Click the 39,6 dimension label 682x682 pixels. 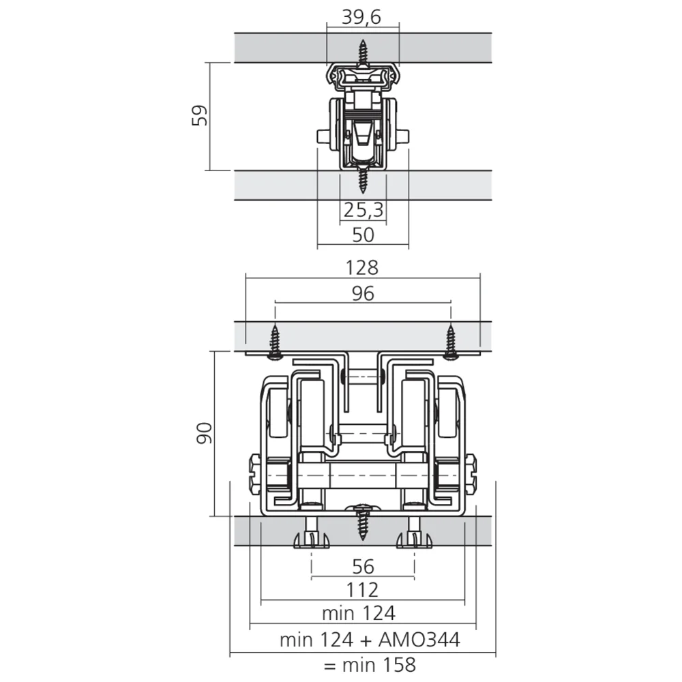pyautogui.click(x=361, y=17)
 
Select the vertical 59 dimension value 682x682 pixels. pyautogui.click(x=200, y=115)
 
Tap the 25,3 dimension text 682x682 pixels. pyautogui.click(x=364, y=210)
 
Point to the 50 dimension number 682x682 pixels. pyautogui.click(x=364, y=235)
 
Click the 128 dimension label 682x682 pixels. pyautogui.click(x=362, y=267)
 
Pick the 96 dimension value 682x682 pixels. pyautogui.click(x=364, y=293)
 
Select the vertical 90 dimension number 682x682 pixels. pyautogui.click(x=205, y=433)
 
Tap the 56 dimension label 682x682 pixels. pyautogui.click(x=364, y=567)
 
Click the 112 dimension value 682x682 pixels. pyautogui.click(x=362, y=590)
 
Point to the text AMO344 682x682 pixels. pyautogui.click(x=419, y=640)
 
